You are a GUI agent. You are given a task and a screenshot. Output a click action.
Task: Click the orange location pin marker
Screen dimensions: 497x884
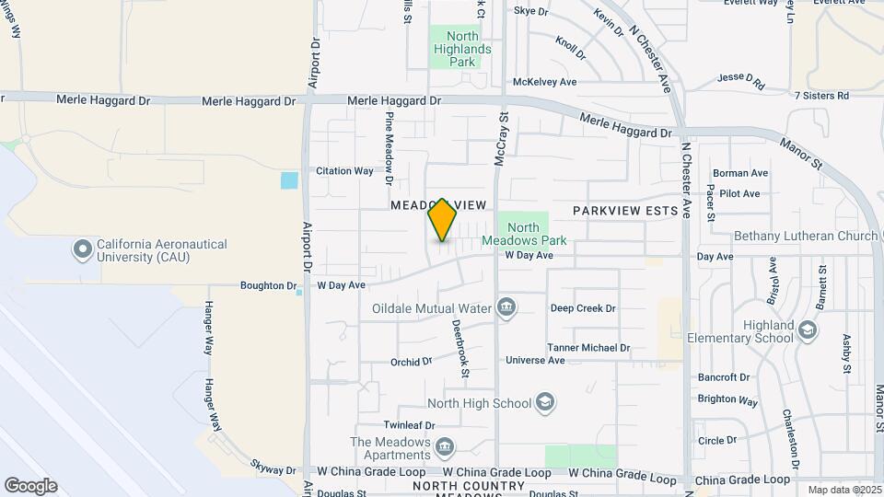pos(443,220)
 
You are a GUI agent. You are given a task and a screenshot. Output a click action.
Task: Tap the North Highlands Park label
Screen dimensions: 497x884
pos(462,49)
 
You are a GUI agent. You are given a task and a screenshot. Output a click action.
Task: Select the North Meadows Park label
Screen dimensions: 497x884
pos(523,234)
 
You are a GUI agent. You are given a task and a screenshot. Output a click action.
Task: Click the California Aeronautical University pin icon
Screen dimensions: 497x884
pos(83,248)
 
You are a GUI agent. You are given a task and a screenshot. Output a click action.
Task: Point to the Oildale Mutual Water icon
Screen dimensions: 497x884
pos(506,307)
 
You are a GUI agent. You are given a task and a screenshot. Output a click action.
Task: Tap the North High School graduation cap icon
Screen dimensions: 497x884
pos(545,403)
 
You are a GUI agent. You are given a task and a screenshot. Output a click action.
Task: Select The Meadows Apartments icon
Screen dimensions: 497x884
pos(446,447)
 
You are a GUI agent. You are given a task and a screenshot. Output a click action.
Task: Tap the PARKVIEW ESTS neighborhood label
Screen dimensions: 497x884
pos(625,211)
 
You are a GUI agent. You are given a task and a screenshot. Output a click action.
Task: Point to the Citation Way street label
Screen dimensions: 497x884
pos(344,170)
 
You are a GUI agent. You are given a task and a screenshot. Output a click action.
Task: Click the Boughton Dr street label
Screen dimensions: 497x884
pos(268,285)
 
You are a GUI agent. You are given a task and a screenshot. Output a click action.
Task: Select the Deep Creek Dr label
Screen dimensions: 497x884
pos(583,308)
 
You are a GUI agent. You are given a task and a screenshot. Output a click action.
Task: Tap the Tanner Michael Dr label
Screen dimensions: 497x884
pos(588,348)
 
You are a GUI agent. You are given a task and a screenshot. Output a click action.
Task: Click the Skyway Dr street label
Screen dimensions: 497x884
pos(274,470)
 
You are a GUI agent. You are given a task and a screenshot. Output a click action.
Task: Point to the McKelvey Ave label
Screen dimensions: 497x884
pos(544,82)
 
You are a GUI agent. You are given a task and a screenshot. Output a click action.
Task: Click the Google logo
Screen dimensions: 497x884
pos(30,485)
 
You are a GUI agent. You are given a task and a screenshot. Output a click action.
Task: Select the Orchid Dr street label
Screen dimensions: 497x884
pos(411,362)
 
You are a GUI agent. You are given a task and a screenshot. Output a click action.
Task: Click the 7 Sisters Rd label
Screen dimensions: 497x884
pos(820,95)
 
